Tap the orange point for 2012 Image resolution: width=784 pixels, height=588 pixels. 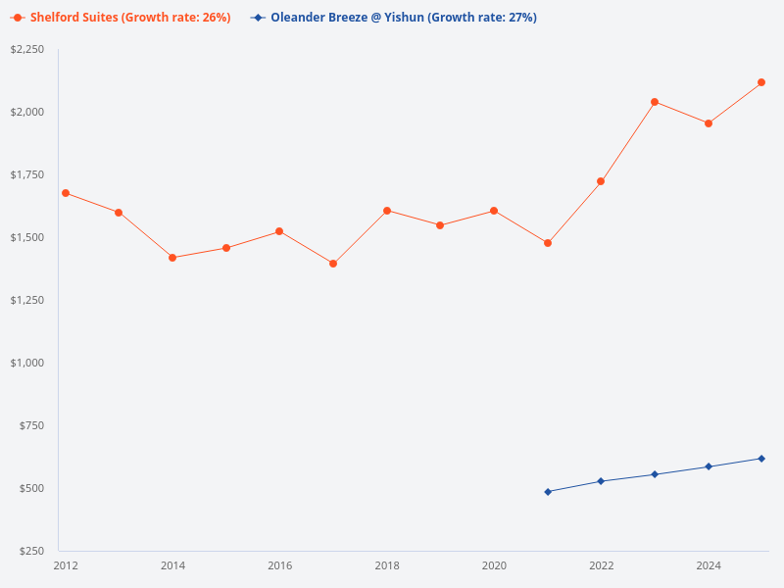point(66,193)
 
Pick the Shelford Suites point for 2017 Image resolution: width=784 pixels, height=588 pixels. point(333,264)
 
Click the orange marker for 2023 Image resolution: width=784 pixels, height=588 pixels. point(655,102)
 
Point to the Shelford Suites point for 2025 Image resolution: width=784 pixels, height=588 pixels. point(761,82)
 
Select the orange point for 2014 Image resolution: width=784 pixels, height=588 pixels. point(172,258)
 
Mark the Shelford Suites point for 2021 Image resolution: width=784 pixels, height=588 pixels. point(548,243)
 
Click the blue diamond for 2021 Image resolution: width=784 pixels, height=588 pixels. point(548,492)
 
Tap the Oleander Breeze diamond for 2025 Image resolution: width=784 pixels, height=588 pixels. point(761,459)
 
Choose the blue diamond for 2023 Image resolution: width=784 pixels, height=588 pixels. point(655,474)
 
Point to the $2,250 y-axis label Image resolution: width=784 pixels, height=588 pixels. point(26,49)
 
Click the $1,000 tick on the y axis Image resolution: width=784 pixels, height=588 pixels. point(26,363)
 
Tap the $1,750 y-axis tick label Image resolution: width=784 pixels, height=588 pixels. point(26,174)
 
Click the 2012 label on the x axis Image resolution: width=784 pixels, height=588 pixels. point(66,565)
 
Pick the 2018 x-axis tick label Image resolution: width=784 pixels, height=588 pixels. point(387,565)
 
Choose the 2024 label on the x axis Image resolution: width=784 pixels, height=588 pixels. point(709,565)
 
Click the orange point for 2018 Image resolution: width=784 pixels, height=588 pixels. point(387,211)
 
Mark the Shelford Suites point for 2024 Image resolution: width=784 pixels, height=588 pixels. point(709,123)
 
